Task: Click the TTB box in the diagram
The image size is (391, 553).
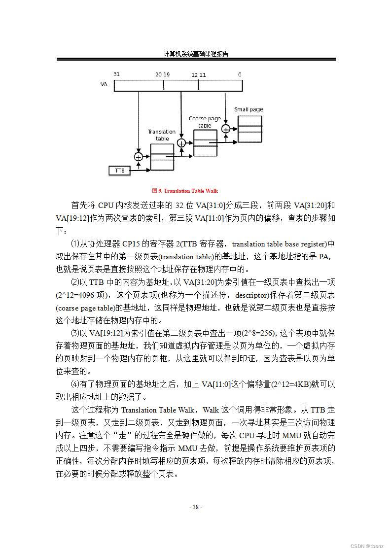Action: pyautogui.click(x=120, y=171)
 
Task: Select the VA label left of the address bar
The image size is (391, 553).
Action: pyautogui.click(x=104, y=85)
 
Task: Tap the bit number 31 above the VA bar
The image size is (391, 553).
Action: pyautogui.click(x=117, y=74)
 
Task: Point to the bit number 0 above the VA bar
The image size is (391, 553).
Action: pyautogui.click(x=240, y=74)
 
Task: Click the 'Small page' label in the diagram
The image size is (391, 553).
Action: pyautogui.click(x=249, y=109)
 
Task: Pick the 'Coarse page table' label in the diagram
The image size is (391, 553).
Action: pyautogui.click(x=205, y=122)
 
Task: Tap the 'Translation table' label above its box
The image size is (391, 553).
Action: pyautogui.click(x=162, y=135)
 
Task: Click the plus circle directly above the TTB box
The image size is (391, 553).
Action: pyautogui.click(x=138, y=157)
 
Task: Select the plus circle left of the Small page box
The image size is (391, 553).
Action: pyautogui.click(x=226, y=129)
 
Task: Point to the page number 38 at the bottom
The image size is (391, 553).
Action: pyautogui.click(x=196, y=507)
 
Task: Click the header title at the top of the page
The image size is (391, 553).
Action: pyautogui.click(x=196, y=54)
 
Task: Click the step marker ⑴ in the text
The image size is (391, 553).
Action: pyautogui.click(x=75, y=244)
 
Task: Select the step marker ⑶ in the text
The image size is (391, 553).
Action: pyautogui.click(x=75, y=333)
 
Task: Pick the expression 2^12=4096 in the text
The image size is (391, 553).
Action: pyautogui.click(x=76, y=295)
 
